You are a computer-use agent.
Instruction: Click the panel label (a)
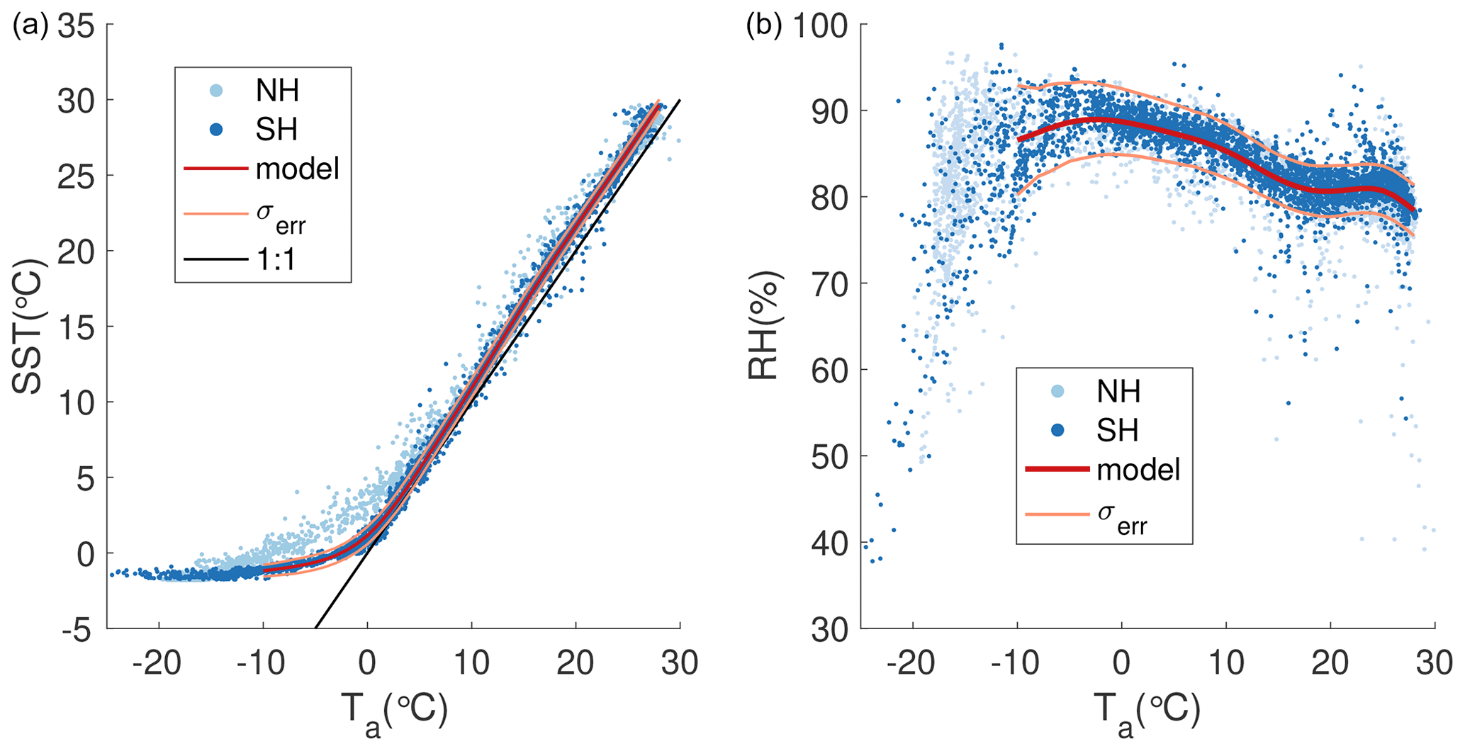30,26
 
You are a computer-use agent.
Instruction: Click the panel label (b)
764,26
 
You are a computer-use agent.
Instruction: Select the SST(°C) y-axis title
27,325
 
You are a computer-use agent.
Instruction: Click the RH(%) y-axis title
764,325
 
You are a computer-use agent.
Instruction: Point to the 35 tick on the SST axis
75,26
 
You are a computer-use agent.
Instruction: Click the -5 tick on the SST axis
75,628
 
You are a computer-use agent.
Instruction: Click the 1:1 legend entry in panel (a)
276,260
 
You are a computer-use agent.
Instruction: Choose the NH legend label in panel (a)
277,91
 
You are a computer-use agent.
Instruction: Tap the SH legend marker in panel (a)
217,130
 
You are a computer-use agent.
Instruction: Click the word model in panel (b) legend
1138,470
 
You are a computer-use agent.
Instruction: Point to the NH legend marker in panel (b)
1057,391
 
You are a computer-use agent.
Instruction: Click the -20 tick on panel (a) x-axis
159,664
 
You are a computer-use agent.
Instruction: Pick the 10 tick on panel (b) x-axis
1226,664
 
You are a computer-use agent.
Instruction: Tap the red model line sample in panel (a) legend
216,169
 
